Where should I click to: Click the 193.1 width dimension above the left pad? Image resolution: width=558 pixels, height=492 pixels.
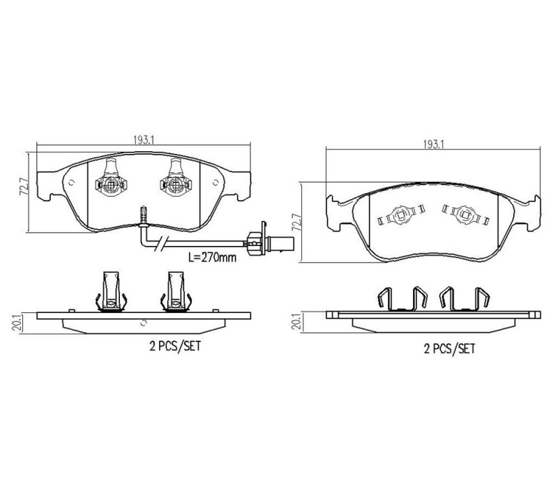coord(144,140)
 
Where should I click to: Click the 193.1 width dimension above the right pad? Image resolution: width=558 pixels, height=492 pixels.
coord(433,144)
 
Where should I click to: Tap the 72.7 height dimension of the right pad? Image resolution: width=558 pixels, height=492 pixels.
coord(296,222)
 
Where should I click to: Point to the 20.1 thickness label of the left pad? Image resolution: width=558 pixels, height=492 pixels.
coord(16,323)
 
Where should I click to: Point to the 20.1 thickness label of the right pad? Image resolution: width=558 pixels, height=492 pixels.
coord(296,323)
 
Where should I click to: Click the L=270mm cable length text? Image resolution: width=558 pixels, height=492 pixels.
coord(212,257)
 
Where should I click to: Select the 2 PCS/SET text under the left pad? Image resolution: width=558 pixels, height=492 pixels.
coord(175,346)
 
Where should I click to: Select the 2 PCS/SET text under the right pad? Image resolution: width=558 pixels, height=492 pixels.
coord(449,348)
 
